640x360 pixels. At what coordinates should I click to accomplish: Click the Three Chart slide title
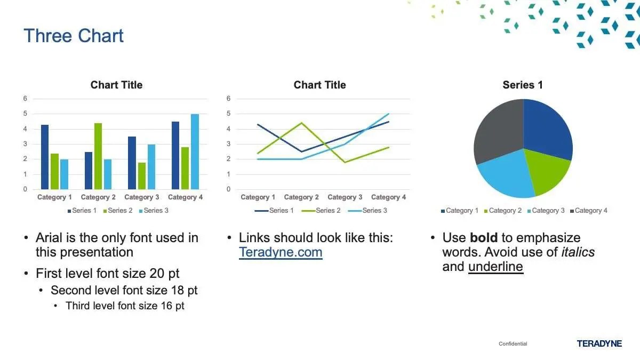(74, 36)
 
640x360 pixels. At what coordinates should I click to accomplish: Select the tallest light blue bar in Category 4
(195, 151)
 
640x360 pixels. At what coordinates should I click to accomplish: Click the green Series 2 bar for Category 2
(98, 156)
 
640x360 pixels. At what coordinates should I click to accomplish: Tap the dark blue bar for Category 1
(45, 157)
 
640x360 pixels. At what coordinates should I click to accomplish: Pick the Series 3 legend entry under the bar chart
(154, 211)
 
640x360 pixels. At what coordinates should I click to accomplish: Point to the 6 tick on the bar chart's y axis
(25, 99)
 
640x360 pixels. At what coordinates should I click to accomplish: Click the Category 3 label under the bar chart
(142, 197)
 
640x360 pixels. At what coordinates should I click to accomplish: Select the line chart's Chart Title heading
(319, 85)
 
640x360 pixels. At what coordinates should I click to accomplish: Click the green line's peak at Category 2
(301, 123)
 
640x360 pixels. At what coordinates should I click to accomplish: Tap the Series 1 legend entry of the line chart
(274, 211)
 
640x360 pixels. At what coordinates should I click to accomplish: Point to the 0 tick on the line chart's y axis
(228, 189)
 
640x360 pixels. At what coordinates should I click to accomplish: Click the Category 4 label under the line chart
(388, 197)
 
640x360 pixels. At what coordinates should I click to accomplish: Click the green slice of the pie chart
(547, 171)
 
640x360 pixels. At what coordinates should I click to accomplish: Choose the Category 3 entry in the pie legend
(546, 211)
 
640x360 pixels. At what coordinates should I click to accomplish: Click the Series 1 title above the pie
(523, 85)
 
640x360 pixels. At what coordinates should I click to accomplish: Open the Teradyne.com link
(281, 253)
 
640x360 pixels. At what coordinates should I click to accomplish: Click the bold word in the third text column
(484, 238)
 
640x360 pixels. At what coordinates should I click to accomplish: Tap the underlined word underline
(495, 267)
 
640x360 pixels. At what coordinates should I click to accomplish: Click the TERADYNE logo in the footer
(599, 343)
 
